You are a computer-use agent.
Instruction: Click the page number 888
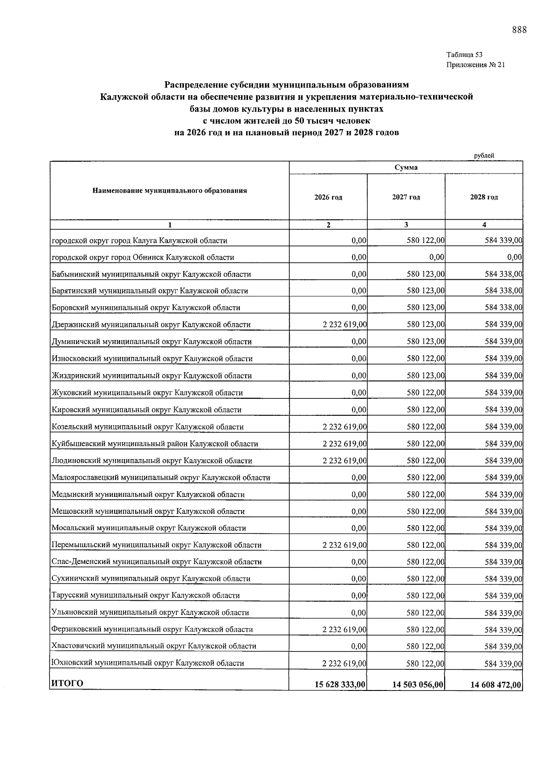coord(519,30)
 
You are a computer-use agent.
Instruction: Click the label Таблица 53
coord(464,55)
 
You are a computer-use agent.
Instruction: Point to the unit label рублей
coord(484,156)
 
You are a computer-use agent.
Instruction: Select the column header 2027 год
coord(406,197)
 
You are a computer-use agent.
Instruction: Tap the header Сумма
coord(406,168)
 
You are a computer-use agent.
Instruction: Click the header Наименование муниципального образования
coord(170,190)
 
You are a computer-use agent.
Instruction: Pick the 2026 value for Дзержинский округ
coord(344,325)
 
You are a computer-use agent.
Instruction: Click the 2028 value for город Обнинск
coord(515,257)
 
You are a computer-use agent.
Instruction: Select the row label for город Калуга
coord(139,240)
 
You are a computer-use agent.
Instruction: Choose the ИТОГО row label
coord(67,684)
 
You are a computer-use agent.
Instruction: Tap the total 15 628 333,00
coord(340,685)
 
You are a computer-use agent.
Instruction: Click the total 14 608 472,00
coord(496,685)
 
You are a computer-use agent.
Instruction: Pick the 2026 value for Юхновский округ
coord(344,663)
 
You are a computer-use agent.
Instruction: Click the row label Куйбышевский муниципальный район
coord(155,444)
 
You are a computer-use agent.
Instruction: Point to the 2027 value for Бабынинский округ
coord(425,274)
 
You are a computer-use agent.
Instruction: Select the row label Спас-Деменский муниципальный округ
coord(157,562)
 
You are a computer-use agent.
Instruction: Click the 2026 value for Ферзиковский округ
coord(344,630)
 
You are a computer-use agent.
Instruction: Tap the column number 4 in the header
coord(484,225)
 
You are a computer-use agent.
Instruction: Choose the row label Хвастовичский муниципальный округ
coord(154,647)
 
